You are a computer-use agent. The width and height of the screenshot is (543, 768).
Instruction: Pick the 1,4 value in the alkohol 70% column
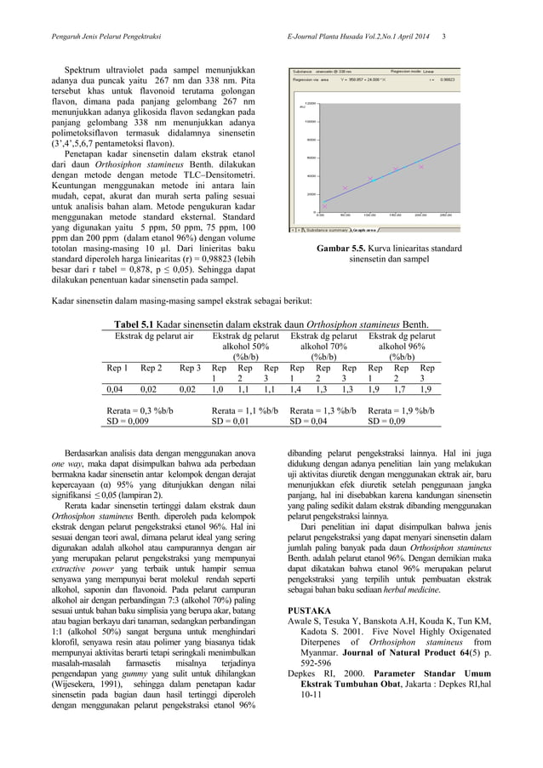click(297, 388)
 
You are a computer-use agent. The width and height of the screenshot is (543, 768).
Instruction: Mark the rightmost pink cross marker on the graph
click(421, 167)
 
